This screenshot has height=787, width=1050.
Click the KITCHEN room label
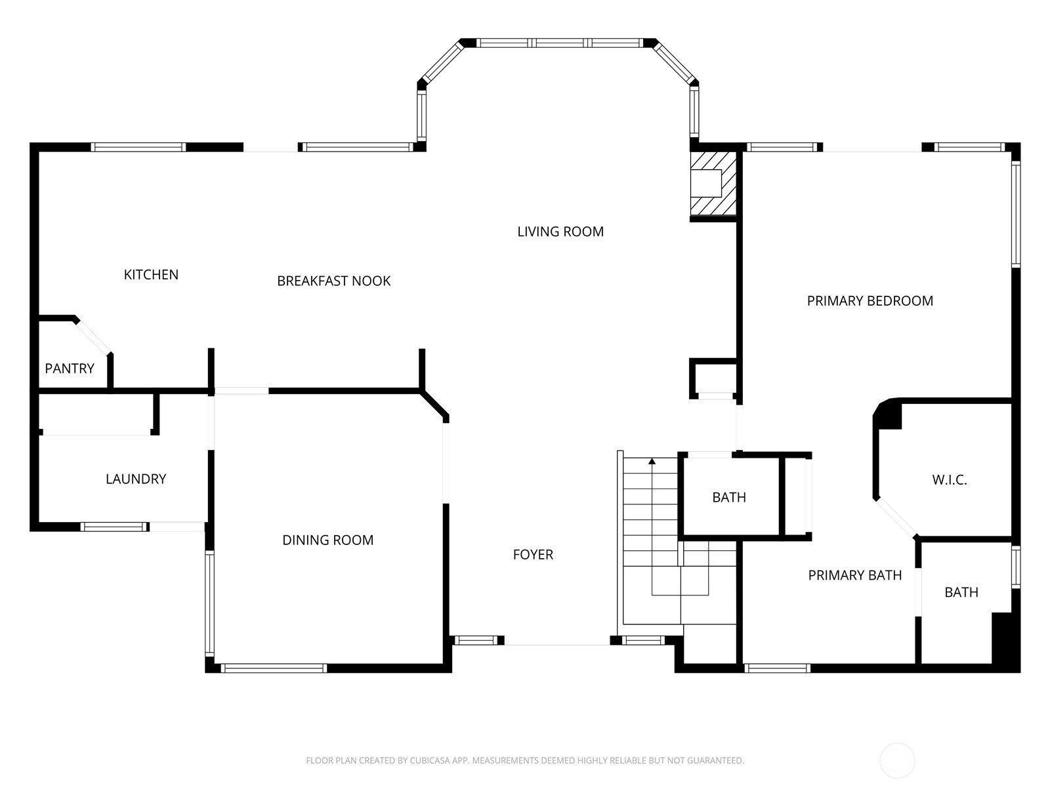tap(151, 275)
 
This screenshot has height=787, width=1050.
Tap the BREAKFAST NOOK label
tap(334, 281)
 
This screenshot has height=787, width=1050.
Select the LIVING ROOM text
tap(560, 232)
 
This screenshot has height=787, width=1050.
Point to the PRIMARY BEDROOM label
tap(870, 301)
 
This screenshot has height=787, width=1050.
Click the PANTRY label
tap(70, 369)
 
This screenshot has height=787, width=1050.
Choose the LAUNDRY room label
tap(136, 479)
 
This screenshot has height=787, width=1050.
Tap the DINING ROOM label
tap(327, 540)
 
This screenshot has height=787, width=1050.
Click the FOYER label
tap(533, 554)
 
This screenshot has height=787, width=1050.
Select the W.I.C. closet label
tap(950, 480)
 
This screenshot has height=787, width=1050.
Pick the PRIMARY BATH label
tap(855, 575)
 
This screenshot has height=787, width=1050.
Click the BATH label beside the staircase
tap(729, 497)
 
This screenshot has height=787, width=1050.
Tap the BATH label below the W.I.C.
tap(961, 592)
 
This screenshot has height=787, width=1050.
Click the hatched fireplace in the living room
tap(713, 183)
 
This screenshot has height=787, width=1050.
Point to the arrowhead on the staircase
tap(652, 461)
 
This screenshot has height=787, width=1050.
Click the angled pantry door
tap(93, 337)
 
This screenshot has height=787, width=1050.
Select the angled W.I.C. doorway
tap(896, 517)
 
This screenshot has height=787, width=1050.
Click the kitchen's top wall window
tap(138, 147)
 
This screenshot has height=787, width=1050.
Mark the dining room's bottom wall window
tap(274, 668)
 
